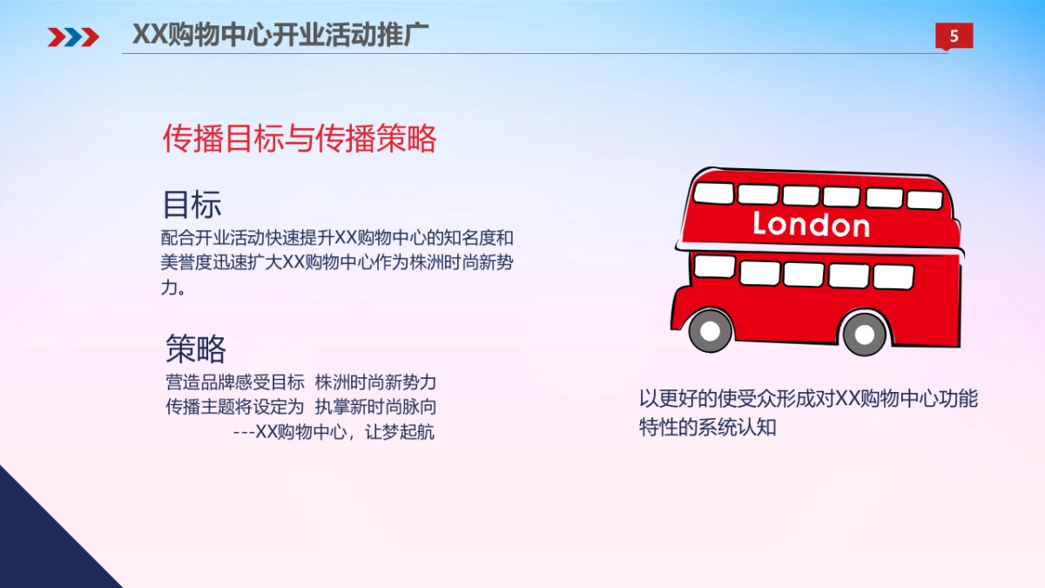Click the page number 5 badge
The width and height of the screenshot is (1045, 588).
coord(954,36)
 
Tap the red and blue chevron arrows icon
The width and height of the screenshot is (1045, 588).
coord(73,36)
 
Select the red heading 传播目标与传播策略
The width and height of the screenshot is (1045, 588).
coord(300,139)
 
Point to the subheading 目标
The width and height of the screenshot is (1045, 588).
coord(192,204)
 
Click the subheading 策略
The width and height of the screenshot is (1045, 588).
coord(196,348)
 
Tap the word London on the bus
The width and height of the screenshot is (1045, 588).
coord(811,225)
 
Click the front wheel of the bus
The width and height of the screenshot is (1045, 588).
coord(711,330)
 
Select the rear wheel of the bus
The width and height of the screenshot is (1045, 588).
coord(864,332)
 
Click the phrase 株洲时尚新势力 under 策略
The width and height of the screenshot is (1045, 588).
coord(375,382)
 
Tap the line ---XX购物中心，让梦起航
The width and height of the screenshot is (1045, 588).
coord(334,432)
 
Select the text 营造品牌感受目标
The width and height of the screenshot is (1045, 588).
coord(235,382)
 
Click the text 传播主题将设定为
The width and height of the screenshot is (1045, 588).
coord(235,407)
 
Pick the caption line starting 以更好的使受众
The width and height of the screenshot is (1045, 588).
coord(808,399)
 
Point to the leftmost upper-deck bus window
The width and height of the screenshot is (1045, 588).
coord(713,193)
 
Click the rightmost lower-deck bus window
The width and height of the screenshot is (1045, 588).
coord(893,276)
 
